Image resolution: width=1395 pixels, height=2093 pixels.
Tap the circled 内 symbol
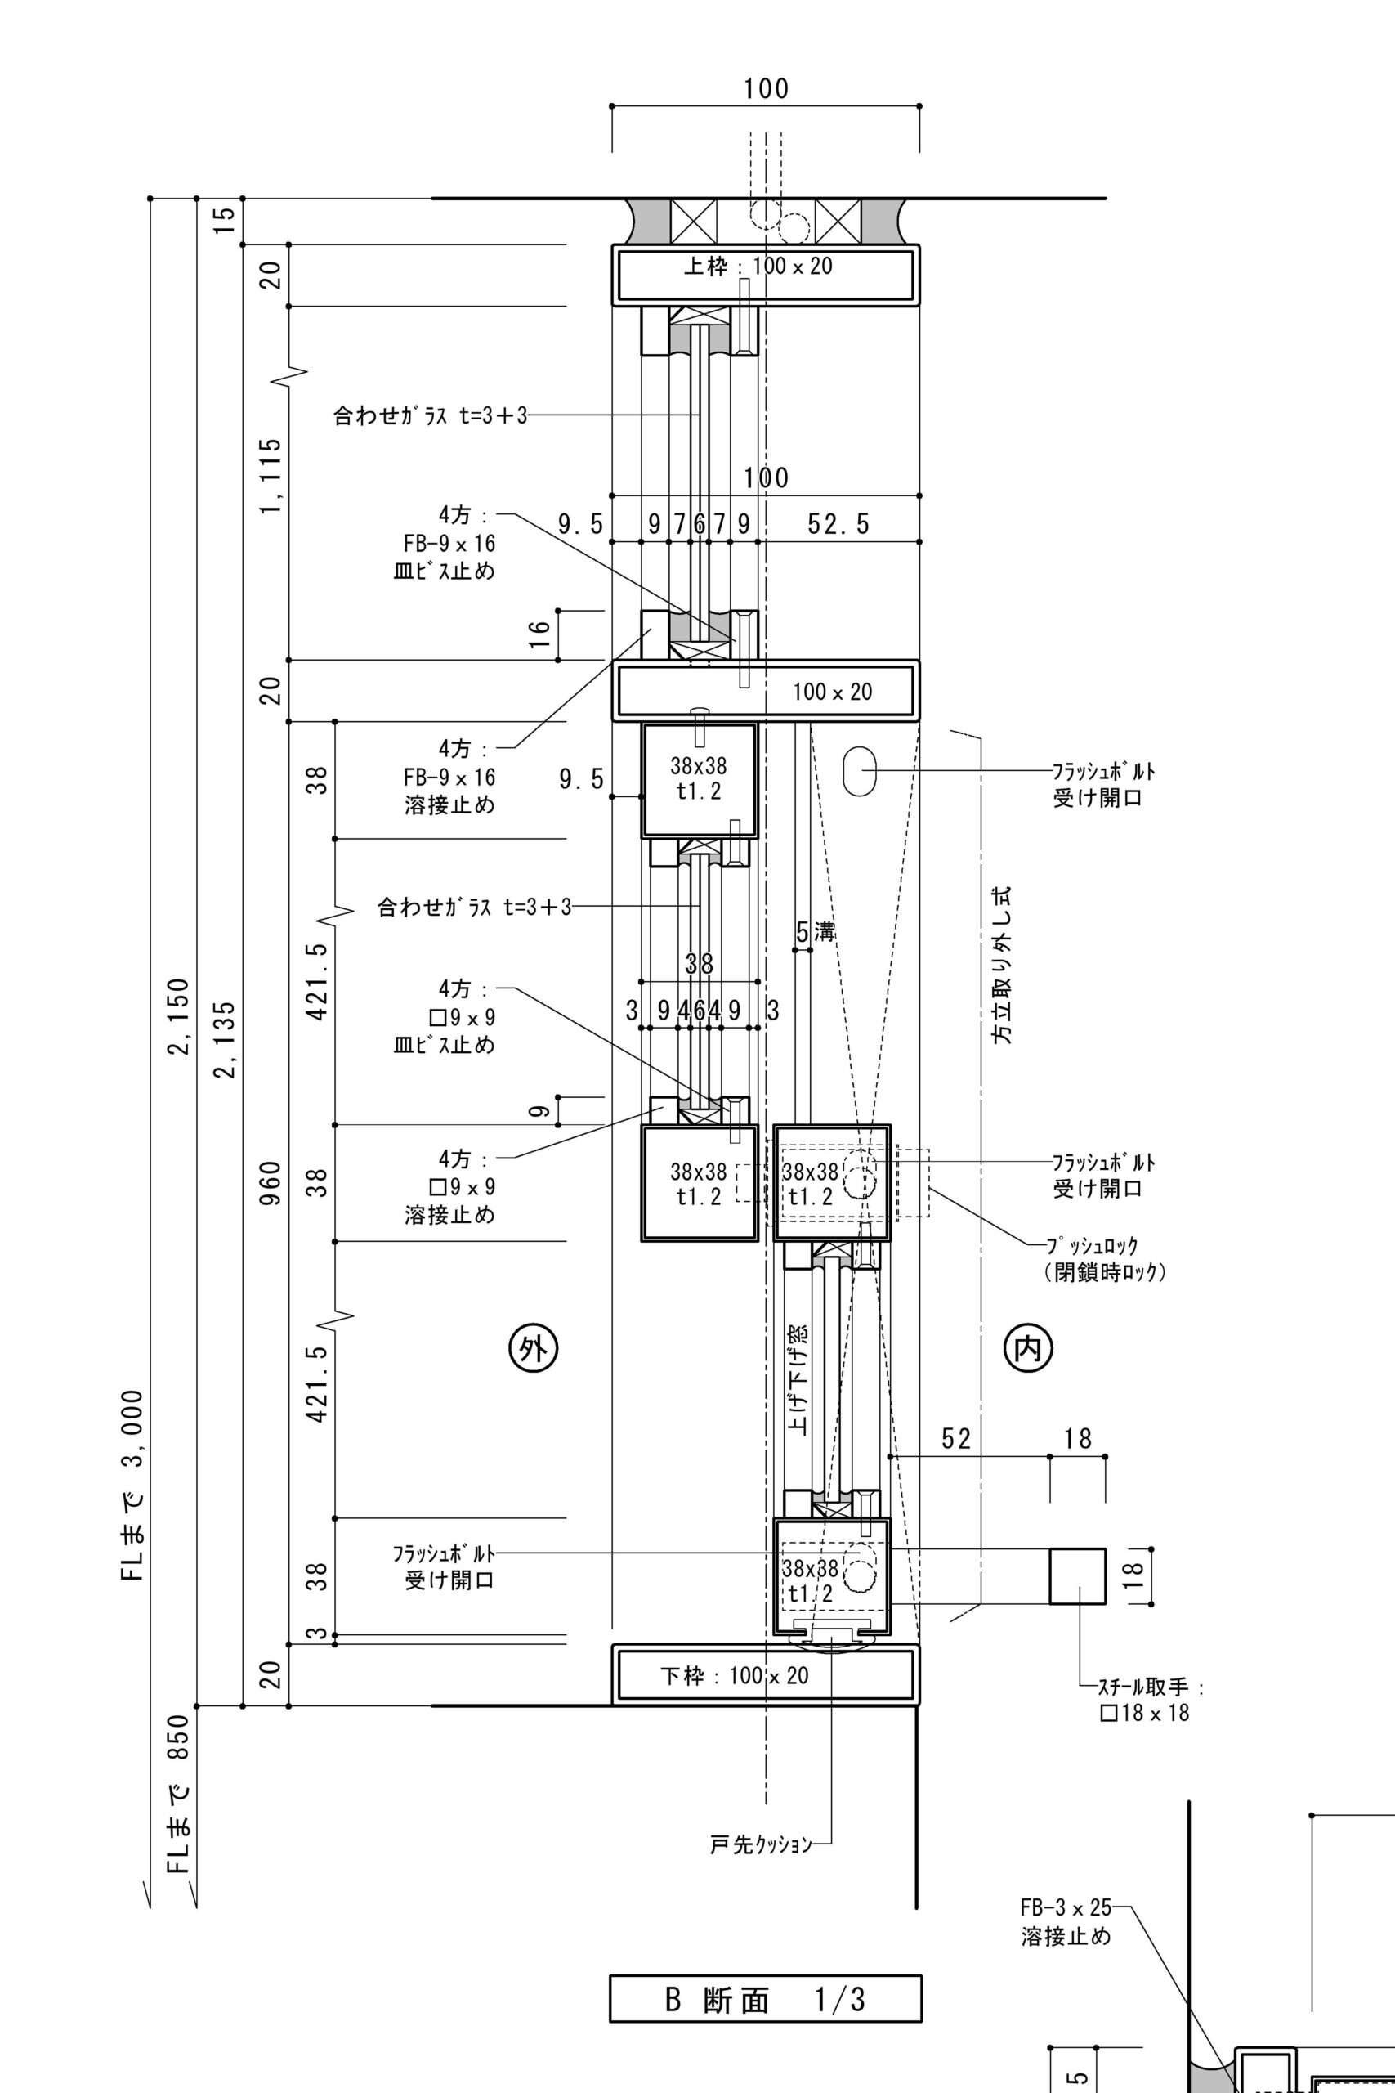(1028, 1349)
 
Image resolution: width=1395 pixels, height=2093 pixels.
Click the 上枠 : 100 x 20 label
(758, 266)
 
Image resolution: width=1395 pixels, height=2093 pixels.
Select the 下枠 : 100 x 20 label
(735, 1676)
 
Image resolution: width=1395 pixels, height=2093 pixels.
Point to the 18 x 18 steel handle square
(1077, 1576)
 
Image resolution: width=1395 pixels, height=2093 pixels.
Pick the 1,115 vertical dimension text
(272, 475)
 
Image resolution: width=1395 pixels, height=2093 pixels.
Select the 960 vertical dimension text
(272, 1183)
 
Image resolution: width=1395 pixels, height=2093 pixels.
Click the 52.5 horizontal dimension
(838, 524)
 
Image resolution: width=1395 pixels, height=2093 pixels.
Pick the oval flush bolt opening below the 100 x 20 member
(860, 769)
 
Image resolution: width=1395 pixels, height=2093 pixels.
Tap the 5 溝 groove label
(815, 933)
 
